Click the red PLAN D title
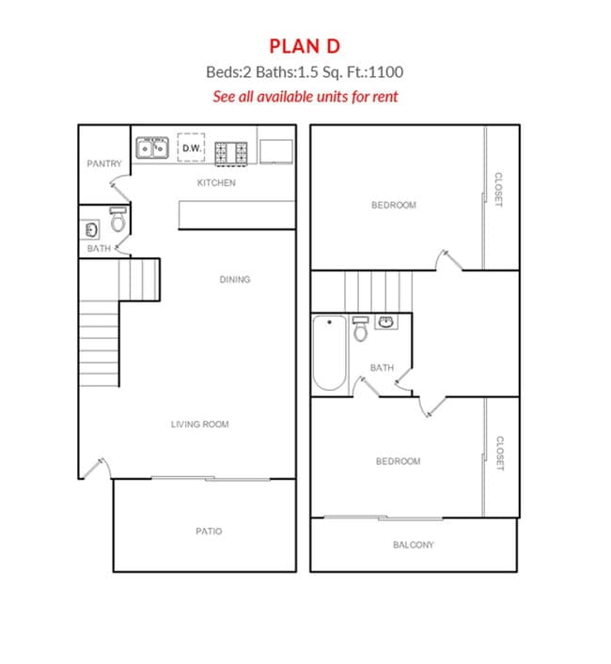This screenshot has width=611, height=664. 305,46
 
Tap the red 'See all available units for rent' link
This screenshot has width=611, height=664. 305,96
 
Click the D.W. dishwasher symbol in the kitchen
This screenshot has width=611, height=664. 192,148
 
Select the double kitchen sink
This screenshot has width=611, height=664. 151,148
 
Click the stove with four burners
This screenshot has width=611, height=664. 231,150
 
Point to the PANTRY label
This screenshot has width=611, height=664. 103,164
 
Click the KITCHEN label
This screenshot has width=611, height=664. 215,183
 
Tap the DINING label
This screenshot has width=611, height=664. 234,280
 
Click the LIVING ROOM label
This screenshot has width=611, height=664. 199,425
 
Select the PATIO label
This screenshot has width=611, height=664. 209,532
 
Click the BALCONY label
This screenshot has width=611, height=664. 413,545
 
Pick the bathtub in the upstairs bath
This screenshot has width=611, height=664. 329,353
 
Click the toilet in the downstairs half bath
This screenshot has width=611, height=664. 117,221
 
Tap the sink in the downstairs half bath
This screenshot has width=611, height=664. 91,229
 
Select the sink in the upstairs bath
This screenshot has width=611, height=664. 385,323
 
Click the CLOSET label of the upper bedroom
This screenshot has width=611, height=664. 498,191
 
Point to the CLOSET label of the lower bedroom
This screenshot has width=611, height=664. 499,454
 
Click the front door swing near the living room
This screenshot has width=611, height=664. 92,467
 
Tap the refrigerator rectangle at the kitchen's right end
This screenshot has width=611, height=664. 275,151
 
